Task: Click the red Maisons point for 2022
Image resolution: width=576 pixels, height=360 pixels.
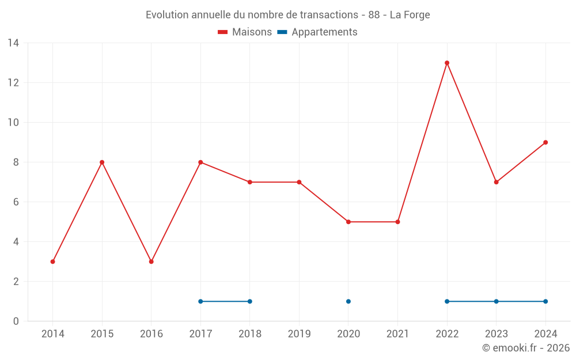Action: pyautogui.click(x=447, y=63)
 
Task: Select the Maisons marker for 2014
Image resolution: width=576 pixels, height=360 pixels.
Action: pyautogui.click(x=53, y=262)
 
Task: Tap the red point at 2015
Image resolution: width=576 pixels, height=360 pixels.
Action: pyautogui.click(x=102, y=162)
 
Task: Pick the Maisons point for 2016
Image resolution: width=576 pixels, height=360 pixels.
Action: pyautogui.click(x=151, y=262)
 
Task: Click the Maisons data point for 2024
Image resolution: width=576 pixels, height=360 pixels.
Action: pyautogui.click(x=545, y=142)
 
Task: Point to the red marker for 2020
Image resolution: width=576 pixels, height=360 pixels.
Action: pyautogui.click(x=348, y=222)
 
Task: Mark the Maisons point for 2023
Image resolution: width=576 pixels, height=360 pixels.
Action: pyautogui.click(x=496, y=182)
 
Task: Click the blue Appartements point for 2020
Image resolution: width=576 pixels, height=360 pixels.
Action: pyautogui.click(x=348, y=301)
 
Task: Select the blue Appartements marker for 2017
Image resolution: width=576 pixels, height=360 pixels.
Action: pyautogui.click(x=200, y=301)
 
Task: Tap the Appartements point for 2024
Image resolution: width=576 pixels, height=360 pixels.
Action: pyautogui.click(x=545, y=301)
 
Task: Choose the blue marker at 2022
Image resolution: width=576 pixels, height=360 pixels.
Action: pyautogui.click(x=447, y=301)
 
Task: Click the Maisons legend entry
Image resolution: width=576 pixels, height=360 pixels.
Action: pyautogui.click(x=245, y=32)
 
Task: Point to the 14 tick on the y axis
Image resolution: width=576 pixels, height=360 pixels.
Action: pyautogui.click(x=13, y=43)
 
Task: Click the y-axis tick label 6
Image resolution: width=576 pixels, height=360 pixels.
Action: pyautogui.click(x=16, y=202)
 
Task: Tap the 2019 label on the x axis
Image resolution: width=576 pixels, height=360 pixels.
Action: pyautogui.click(x=299, y=334)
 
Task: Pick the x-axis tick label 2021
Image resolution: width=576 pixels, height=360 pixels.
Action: pyautogui.click(x=397, y=334)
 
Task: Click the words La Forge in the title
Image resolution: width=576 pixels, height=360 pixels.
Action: pyautogui.click(x=410, y=15)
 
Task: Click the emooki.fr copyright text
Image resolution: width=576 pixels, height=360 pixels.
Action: pyautogui.click(x=525, y=348)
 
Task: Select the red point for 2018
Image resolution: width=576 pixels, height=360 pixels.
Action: pyautogui.click(x=250, y=182)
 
